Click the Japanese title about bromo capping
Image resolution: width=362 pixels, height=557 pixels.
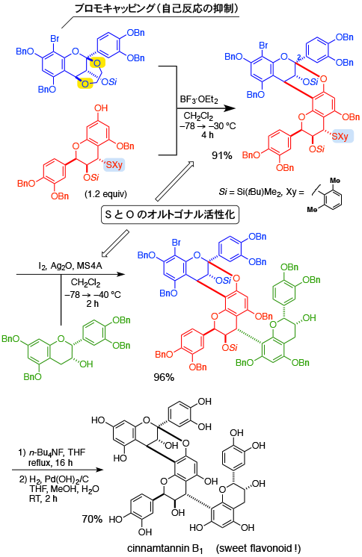coord(156,7)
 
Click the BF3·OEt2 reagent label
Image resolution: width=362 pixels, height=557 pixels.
coord(199,99)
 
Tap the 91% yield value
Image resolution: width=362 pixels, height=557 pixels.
coord(221,155)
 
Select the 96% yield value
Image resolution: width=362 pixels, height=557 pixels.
coord(164,377)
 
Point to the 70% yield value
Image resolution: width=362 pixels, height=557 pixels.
coord(92,520)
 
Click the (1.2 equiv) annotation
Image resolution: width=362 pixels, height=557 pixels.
coord(105,194)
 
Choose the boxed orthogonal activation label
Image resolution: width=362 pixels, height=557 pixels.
coord(170,214)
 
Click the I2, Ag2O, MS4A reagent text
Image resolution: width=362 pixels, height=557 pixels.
coord(70,266)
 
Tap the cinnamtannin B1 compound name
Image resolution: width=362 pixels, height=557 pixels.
coord(165,550)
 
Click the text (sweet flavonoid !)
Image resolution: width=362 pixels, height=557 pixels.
coord(258,549)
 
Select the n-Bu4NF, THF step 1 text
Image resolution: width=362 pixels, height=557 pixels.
coord(52,452)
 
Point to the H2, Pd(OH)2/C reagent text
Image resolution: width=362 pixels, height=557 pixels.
coord(54,479)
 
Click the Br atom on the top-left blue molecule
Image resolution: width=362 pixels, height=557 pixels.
coord(55,39)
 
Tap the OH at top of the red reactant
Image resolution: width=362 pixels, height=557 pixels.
coord(101,108)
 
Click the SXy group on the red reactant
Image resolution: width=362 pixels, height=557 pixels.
coord(114,165)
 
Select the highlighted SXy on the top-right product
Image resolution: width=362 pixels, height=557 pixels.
coord(343,137)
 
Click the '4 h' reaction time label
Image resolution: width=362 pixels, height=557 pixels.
coord(207,135)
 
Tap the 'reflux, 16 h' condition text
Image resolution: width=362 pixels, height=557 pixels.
coord(51,462)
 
